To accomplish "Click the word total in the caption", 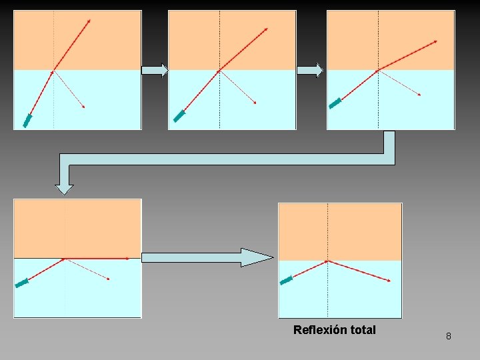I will coord(362,330).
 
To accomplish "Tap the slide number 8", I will coord(448,336).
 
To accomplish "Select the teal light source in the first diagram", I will coord(27,121).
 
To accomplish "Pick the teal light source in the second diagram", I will coord(179,116).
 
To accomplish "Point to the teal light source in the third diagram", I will coord(335,103).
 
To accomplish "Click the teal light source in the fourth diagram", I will coord(22,283).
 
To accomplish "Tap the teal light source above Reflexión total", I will coord(286,281).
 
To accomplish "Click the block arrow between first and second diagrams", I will coord(155,71).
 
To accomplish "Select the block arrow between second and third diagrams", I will coord(310,71).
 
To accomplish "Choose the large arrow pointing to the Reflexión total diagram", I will coord(207,257).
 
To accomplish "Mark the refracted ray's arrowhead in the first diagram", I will coord(89,21).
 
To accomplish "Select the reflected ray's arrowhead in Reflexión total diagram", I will coord(389,281).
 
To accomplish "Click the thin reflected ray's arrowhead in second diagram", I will coord(255,103).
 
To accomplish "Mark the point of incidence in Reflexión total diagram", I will coord(327,261).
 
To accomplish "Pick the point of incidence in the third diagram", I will coord(378,70).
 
